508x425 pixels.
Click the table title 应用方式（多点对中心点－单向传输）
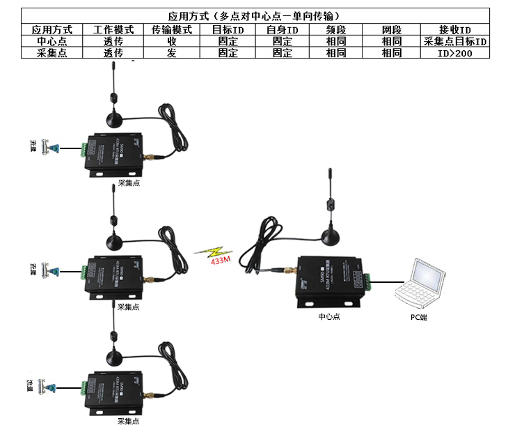(255, 15)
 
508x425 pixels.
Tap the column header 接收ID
(455, 30)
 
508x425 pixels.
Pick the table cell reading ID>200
(455, 52)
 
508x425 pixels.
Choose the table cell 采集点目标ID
(455, 41)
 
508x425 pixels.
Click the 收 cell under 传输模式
(171, 41)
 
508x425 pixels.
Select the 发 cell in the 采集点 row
(171, 52)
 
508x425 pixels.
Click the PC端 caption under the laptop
(418, 317)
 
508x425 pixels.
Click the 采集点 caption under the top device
(129, 183)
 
